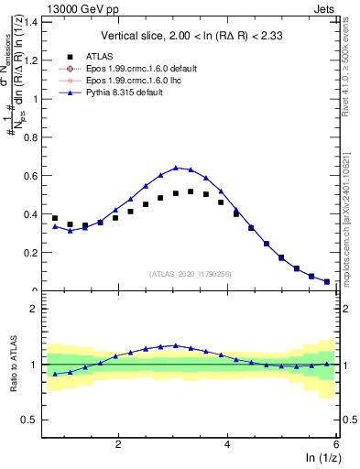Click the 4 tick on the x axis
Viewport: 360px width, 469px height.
pos(227,443)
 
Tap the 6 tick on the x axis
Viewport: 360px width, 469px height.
pos(336,443)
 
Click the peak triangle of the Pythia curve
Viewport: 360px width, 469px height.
pos(176,168)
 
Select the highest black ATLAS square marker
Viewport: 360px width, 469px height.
pos(191,191)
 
